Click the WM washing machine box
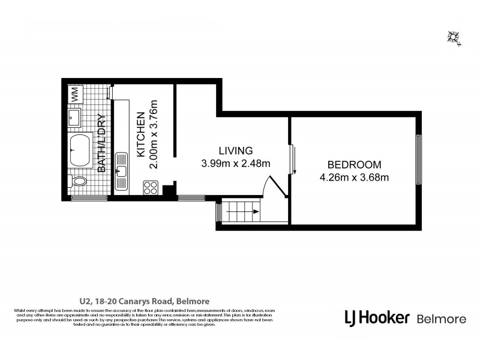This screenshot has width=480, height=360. (x=75, y=94)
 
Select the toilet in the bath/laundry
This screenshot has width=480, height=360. (x=79, y=181)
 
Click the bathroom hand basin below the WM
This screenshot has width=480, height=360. (x=76, y=115)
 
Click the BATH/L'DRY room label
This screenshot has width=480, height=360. (x=101, y=143)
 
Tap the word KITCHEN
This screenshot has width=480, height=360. (x=140, y=134)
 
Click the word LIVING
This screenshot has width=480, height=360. (x=236, y=150)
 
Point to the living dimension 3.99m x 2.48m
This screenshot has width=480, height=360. (x=236, y=163)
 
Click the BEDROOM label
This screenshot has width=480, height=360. (x=354, y=165)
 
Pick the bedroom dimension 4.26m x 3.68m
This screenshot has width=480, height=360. (x=354, y=177)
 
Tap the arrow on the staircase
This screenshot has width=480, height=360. (x=254, y=212)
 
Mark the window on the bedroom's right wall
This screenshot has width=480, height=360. (x=419, y=158)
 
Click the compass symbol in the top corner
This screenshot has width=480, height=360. (x=454, y=37)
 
